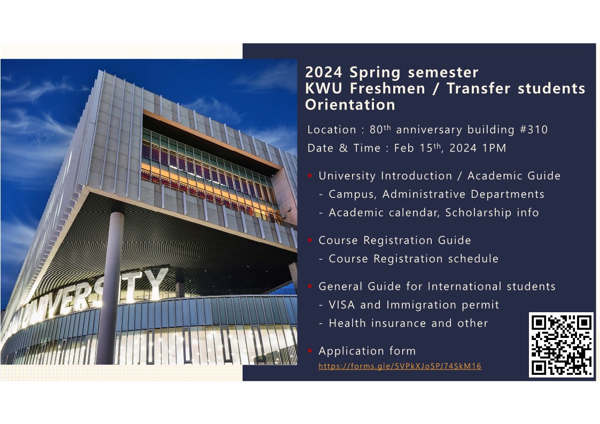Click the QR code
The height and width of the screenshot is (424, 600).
click(561, 345)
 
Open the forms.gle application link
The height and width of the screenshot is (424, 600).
click(400, 366)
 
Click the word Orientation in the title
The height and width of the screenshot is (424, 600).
click(350, 105)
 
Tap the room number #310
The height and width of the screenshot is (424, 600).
click(533, 129)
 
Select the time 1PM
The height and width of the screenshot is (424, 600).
click(495, 148)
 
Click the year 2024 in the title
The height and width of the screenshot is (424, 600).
click(323, 72)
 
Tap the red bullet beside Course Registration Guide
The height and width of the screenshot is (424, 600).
click(310, 241)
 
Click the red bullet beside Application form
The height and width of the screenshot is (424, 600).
click(310, 351)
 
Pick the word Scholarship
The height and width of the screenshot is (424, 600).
click(478, 213)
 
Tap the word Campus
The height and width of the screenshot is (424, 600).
click(352, 194)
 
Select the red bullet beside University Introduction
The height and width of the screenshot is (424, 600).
click(310, 176)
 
